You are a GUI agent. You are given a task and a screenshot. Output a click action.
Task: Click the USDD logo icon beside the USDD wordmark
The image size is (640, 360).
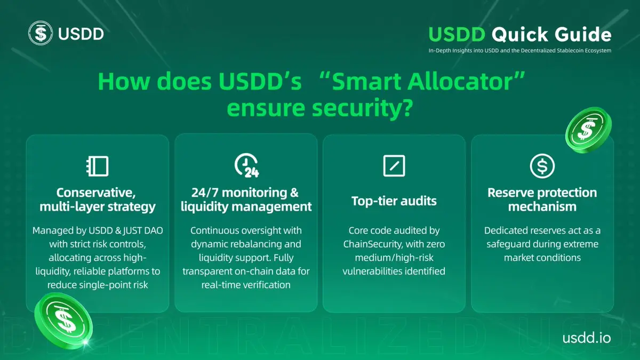41,33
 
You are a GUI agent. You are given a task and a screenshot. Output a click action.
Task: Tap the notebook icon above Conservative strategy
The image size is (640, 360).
98,166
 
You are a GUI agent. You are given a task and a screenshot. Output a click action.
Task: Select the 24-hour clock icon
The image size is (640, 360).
246,165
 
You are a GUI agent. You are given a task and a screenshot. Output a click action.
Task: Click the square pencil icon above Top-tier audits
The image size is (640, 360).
394,166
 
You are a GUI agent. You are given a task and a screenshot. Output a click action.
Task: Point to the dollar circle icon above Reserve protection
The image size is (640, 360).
542,166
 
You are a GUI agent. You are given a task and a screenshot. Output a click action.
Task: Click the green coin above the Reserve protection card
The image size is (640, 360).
588,130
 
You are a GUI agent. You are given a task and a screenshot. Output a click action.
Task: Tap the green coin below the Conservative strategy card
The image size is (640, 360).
63,321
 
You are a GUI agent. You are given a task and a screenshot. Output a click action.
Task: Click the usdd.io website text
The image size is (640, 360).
587,338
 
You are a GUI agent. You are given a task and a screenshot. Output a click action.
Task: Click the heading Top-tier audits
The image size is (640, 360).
394,201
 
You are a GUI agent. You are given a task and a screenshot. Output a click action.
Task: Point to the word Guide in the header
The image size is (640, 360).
583,34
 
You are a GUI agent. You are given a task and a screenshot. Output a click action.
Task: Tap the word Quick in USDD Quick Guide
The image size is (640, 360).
519,35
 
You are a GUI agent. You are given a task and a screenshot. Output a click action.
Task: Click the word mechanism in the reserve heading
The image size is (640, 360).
542,206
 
